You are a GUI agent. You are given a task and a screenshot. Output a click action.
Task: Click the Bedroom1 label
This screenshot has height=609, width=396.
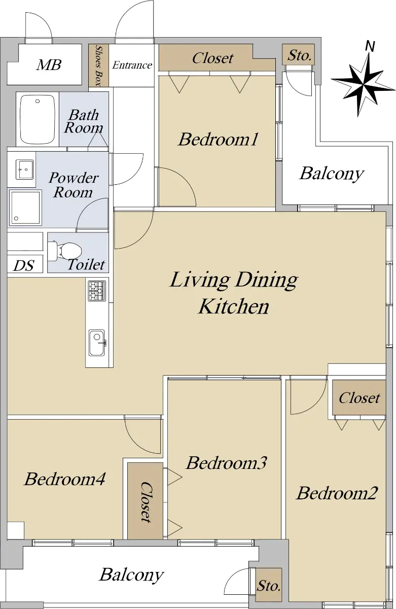[218, 139]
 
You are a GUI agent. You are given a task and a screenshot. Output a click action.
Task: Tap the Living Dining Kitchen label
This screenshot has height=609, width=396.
[234, 293]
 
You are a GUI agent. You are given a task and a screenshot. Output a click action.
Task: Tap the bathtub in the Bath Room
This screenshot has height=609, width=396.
[38, 119]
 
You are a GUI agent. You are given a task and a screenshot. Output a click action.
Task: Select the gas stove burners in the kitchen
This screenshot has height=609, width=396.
[97, 291]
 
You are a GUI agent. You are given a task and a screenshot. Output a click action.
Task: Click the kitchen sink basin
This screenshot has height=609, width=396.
[97, 343]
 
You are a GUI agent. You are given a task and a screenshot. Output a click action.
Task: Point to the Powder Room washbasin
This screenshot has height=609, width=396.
[25, 170]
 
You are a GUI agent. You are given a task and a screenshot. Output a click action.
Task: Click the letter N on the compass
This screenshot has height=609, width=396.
[370, 46]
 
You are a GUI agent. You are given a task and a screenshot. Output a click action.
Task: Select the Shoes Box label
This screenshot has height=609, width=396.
[99, 66]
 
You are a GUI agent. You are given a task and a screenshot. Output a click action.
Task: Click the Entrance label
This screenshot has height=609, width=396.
[132, 65]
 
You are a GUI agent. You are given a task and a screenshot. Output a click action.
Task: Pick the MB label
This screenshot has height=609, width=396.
[49, 65]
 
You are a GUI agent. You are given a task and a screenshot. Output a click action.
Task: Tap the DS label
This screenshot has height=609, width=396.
[24, 265]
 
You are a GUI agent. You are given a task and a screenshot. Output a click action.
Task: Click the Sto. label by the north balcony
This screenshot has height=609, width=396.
[299, 55]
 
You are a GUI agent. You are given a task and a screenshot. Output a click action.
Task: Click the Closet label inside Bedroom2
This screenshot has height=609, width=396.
[359, 398]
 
